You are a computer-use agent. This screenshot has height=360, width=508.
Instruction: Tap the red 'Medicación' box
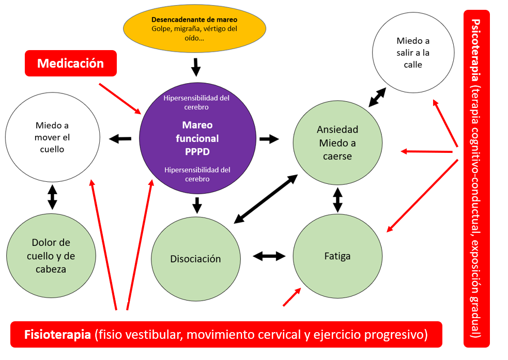(x=71, y=64)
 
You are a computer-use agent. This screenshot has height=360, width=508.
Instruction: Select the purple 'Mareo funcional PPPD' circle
(x=197, y=138)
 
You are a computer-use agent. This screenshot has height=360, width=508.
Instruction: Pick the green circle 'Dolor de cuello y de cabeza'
(x=51, y=255)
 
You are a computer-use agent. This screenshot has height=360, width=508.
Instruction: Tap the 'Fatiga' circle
(x=337, y=256)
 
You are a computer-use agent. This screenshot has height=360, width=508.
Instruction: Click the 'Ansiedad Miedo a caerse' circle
(x=338, y=143)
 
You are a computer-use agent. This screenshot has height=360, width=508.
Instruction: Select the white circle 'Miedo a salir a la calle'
(x=413, y=53)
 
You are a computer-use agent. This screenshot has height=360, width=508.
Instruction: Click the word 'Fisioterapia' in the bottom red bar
(x=57, y=335)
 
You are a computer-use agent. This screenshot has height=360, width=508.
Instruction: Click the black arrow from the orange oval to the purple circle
(x=195, y=67)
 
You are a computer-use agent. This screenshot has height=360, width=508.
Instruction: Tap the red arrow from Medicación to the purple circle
(x=120, y=98)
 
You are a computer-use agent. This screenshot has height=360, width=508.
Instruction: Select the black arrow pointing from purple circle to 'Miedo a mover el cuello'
(x=120, y=138)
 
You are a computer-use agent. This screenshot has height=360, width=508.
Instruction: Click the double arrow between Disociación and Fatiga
(x=269, y=256)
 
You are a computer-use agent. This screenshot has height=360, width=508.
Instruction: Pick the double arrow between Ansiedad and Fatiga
(x=337, y=200)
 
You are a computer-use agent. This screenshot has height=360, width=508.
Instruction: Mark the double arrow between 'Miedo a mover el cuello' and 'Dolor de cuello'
(x=52, y=197)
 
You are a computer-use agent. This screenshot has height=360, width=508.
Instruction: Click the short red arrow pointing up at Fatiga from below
(x=291, y=298)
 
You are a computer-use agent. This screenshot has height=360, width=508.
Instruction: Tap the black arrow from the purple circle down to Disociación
(x=196, y=205)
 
